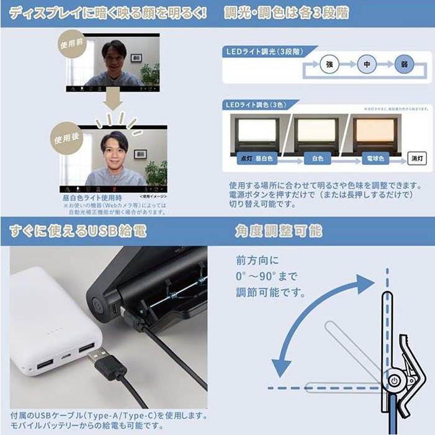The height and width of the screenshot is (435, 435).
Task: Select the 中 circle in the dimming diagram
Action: click(367, 65)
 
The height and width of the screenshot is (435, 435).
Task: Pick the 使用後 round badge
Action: click(66, 138)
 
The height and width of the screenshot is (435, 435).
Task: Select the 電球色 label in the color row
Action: click(375, 159)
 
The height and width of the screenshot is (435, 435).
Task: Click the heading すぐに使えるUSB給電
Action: click(78, 231)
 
